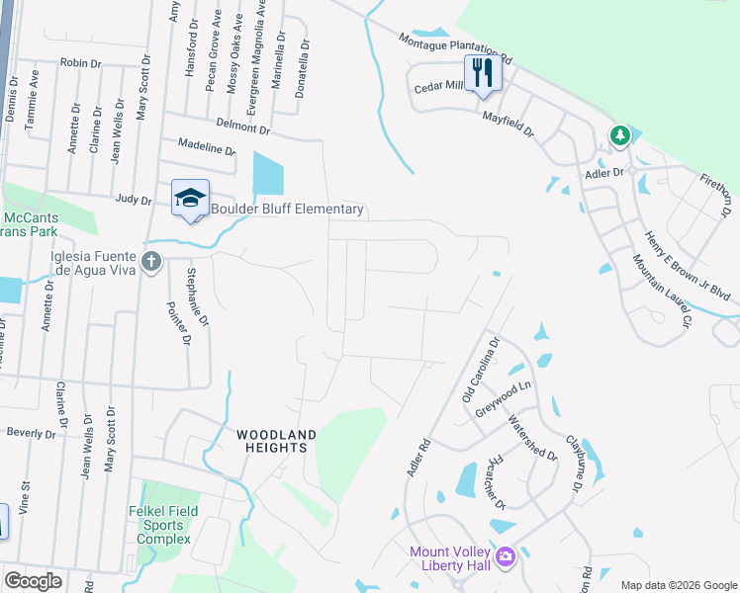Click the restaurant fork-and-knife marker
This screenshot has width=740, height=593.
(x=483, y=73)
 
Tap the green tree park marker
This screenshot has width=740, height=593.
(x=620, y=134)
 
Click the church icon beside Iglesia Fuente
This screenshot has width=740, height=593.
(x=150, y=262)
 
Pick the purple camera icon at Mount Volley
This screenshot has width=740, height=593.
(x=505, y=557)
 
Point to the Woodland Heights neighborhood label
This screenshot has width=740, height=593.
(x=276, y=441)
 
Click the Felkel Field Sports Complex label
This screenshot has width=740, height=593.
(x=163, y=524)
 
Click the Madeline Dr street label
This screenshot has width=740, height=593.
(x=207, y=147)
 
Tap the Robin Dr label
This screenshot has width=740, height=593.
(x=81, y=62)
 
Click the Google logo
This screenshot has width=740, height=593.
(x=33, y=581)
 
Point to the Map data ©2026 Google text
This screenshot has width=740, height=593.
(x=677, y=585)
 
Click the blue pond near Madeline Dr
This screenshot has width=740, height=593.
(x=267, y=174)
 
